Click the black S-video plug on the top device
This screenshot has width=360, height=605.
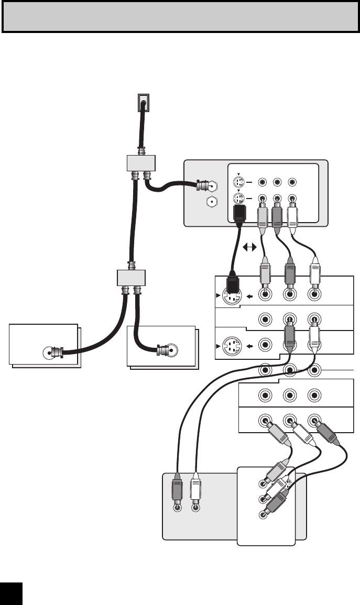tap(238, 214)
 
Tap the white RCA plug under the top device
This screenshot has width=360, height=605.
tap(292, 214)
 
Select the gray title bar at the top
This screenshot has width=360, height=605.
tap(180, 16)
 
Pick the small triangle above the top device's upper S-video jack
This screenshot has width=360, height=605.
tap(237, 174)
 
